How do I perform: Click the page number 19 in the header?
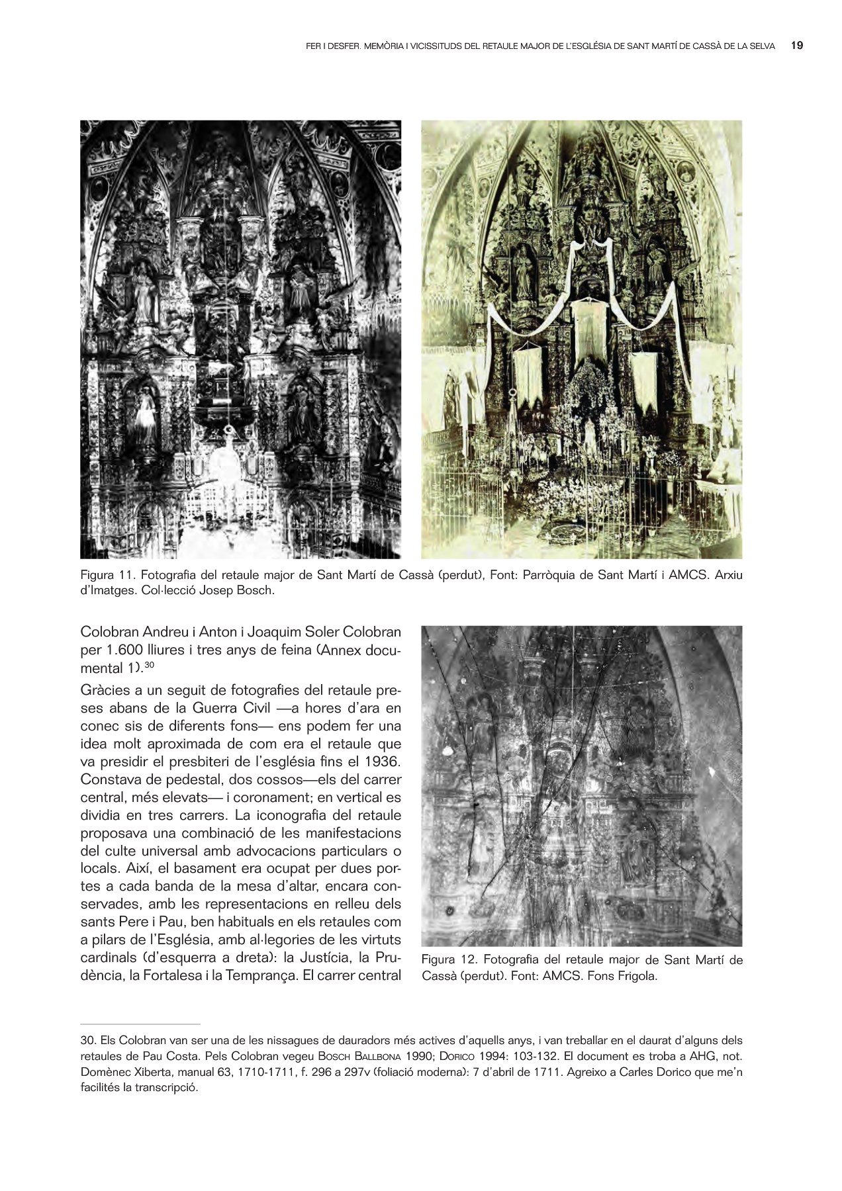click(x=797, y=46)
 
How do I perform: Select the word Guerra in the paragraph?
click(x=217, y=708)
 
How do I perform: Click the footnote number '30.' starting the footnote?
click(x=88, y=1040)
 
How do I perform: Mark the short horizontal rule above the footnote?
click(x=140, y=1024)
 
